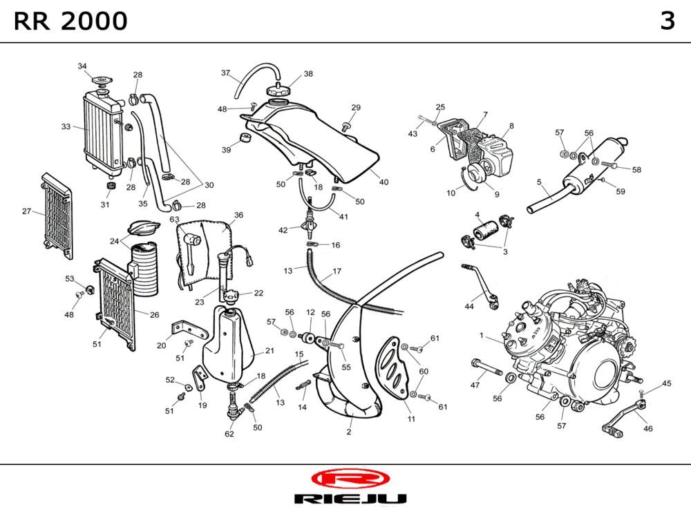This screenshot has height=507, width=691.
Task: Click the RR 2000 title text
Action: tap(70, 21)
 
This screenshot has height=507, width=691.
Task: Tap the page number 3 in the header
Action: tap(667, 21)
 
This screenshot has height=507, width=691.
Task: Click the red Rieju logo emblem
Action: tap(350, 478)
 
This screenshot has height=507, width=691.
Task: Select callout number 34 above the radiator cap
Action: tap(82, 66)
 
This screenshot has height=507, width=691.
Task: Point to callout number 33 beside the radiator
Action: tap(66, 126)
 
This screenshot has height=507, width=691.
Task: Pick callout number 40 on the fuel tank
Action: tap(384, 182)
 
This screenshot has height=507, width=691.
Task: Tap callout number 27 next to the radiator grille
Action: tap(26, 211)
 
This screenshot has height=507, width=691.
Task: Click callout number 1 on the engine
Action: tap(481, 336)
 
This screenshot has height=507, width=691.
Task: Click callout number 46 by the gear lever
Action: tap(647, 428)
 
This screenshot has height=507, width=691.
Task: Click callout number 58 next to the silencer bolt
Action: tap(636, 169)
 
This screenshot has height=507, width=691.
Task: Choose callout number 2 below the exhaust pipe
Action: tap(349, 432)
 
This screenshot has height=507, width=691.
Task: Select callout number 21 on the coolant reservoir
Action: tap(269, 351)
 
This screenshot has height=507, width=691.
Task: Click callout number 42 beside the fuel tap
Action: tap(283, 229)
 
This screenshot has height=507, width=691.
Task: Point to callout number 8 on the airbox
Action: tap(511, 126)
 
